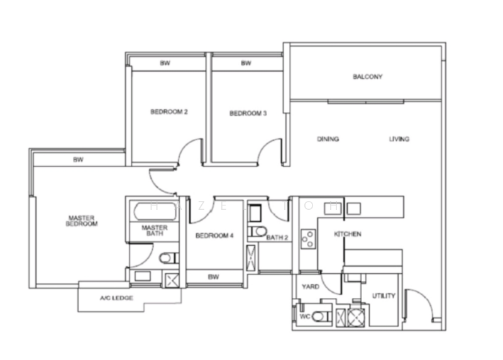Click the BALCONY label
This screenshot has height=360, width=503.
tap(367, 77)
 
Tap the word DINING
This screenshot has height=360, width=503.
tap(328, 139)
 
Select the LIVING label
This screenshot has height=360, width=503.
tap(399, 139)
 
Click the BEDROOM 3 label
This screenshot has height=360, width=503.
tap(248, 113)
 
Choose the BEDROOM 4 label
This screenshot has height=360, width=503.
tap(214, 236)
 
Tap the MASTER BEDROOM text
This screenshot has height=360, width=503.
tap(82, 221)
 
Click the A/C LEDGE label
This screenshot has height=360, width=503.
tap(116, 298)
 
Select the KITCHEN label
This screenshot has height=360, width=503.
tap(347, 234)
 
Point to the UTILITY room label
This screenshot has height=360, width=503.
tap(384, 296)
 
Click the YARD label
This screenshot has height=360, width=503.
tap(310, 286)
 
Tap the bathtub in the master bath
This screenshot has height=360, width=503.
tap(153, 211)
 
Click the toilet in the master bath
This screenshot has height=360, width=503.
tap(167, 258)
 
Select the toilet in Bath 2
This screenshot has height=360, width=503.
tap(258, 231)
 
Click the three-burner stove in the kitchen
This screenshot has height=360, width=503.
tap(308, 239)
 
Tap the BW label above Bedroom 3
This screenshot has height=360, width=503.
tap(246, 63)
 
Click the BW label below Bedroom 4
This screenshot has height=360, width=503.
tap(214, 276)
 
